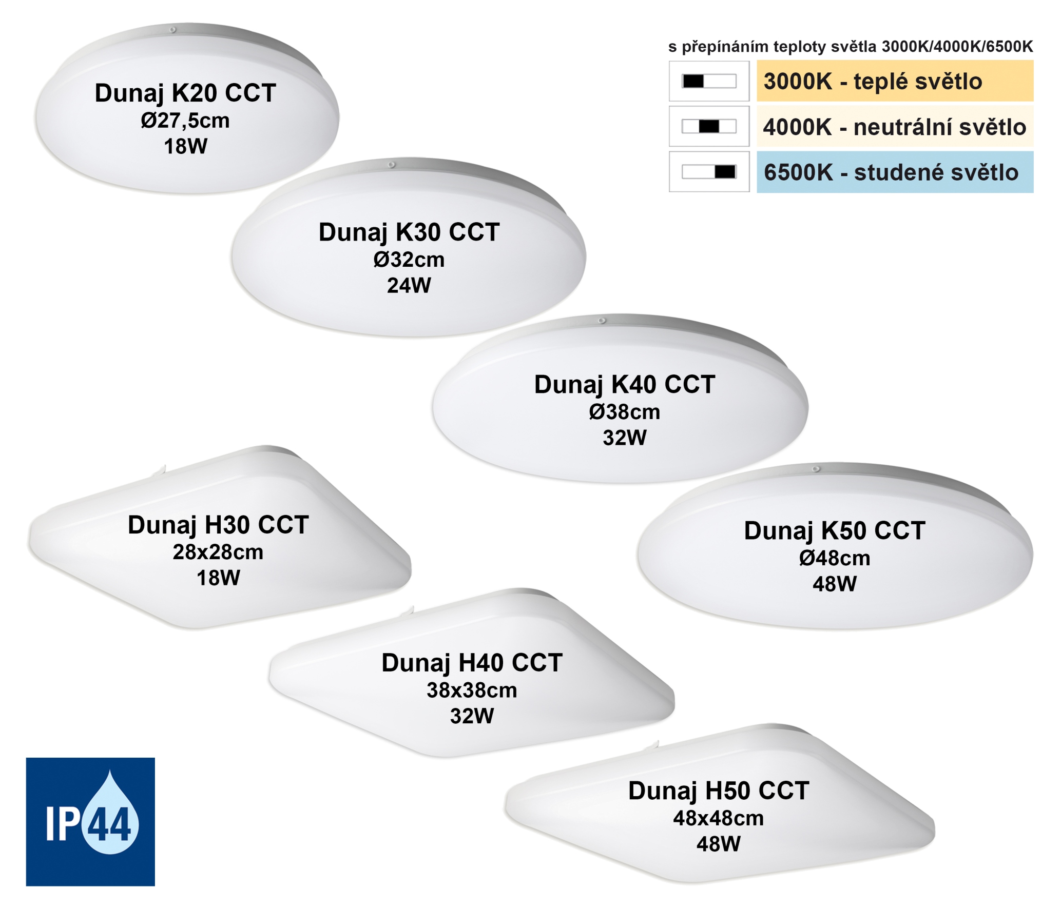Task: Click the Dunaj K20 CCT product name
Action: pyautogui.click(x=185, y=93)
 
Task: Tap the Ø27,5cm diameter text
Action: pyautogui.click(x=185, y=121)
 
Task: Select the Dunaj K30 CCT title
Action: pyautogui.click(x=409, y=232)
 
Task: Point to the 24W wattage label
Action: pyautogui.click(x=409, y=286)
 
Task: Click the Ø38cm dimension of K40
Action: pyautogui.click(x=625, y=412)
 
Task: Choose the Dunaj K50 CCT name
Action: pyautogui.click(x=835, y=531)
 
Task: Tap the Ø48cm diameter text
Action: pyautogui.click(x=835, y=558)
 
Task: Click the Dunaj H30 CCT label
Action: pyautogui.click(x=218, y=525)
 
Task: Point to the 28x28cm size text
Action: pyautogui.click(x=218, y=552)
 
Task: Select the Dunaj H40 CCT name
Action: pyautogui.click(x=472, y=663)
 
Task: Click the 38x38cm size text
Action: pyautogui.click(x=472, y=690)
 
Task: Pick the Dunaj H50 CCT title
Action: pyautogui.click(x=719, y=791)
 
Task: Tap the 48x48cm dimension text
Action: pyautogui.click(x=719, y=818)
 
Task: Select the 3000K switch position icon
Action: pyautogui.click(x=709, y=81)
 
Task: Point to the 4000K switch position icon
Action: pyautogui.click(x=709, y=126)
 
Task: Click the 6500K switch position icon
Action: pyautogui.click(x=709, y=171)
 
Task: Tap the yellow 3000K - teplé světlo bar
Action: pyautogui.click(x=895, y=81)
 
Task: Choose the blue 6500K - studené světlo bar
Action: pyautogui.click(x=895, y=172)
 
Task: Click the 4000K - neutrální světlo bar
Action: pyautogui.click(x=895, y=127)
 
